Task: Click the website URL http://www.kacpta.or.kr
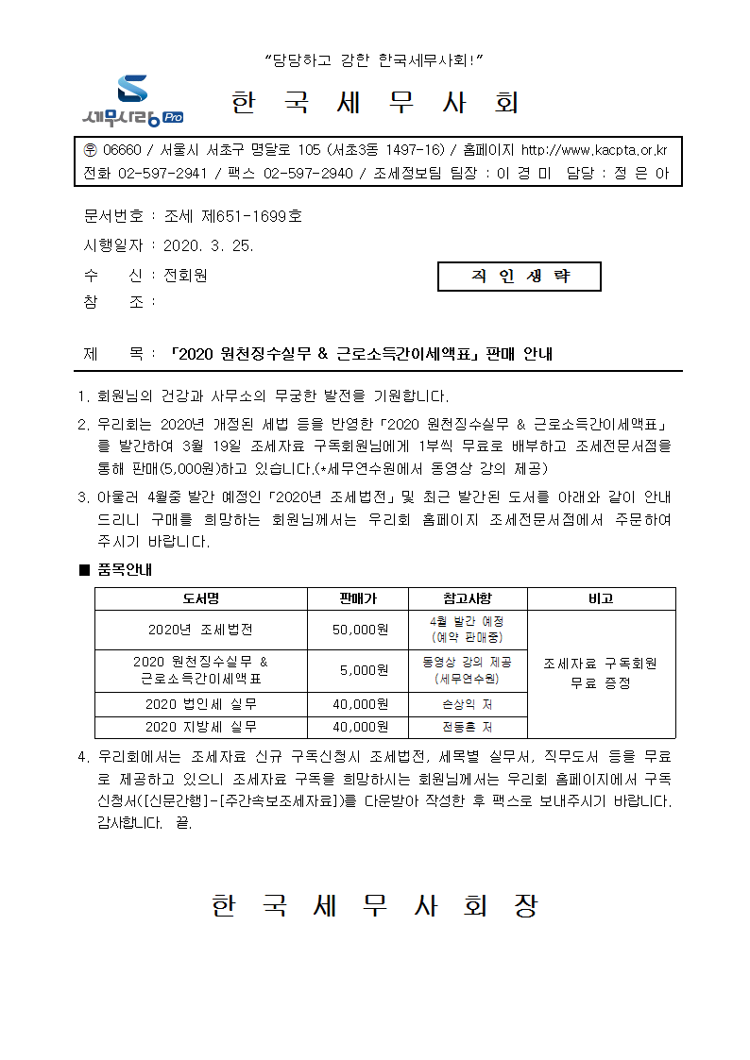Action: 594,150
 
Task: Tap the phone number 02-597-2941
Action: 162,174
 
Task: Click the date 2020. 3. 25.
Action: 209,245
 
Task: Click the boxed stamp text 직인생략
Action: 520,276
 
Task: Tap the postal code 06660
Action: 121,150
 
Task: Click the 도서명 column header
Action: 200,598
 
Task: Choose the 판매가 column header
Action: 357,598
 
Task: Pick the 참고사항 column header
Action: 468,598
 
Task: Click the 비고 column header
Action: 601,598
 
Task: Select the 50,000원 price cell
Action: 357,630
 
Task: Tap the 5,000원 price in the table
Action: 357,670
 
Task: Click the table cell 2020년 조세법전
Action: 200,630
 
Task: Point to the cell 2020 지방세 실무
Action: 200,727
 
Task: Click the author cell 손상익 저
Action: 468,704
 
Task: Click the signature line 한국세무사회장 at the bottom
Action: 375,906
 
